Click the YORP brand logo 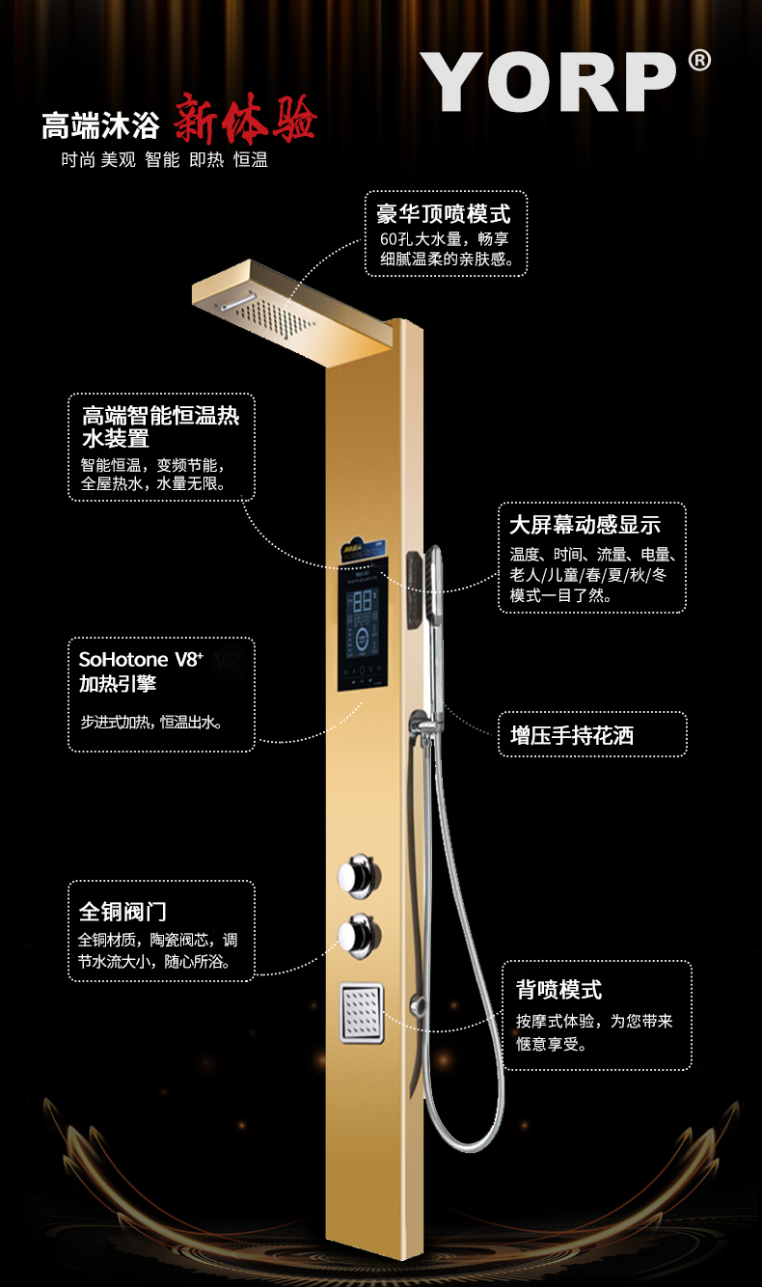click(550, 82)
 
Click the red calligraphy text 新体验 click(245, 123)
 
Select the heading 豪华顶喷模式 click(445, 213)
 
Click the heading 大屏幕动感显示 click(585, 525)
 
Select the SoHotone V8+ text click(141, 661)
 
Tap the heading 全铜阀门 click(123, 911)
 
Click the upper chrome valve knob click(356, 874)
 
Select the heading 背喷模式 click(558, 990)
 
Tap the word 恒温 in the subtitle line click(251, 160)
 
